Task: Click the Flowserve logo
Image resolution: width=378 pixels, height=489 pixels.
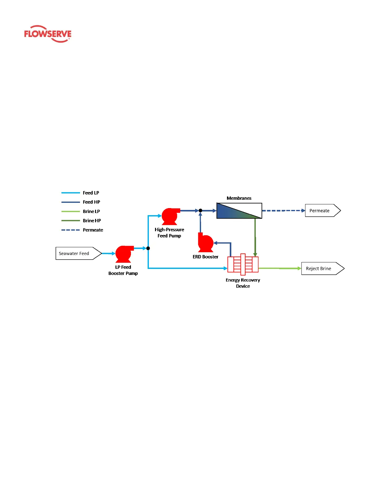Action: point(48,34)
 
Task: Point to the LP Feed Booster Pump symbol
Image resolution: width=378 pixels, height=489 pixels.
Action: point(124,254)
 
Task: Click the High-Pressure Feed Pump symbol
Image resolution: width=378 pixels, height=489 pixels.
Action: point(170,216)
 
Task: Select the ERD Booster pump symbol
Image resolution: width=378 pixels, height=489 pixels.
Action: point(205,243)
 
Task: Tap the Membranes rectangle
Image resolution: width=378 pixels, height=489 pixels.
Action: point(239,211)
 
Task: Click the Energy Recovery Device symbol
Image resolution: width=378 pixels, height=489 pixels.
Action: point(243,265)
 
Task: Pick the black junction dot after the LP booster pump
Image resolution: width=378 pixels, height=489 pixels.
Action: point(148,248)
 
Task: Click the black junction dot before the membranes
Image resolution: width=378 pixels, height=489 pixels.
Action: point(200,211)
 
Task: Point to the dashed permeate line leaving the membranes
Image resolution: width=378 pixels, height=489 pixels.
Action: point(283,211)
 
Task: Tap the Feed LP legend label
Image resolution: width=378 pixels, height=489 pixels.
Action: point(91,193)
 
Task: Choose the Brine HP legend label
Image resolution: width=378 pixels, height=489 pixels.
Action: point(92,221)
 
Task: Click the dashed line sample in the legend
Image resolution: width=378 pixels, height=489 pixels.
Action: point(70,230)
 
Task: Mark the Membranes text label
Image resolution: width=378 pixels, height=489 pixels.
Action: point(239,198)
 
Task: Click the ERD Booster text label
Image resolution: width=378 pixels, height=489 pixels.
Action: point(205,257)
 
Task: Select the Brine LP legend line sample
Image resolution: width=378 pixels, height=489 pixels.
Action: point(70,211)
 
